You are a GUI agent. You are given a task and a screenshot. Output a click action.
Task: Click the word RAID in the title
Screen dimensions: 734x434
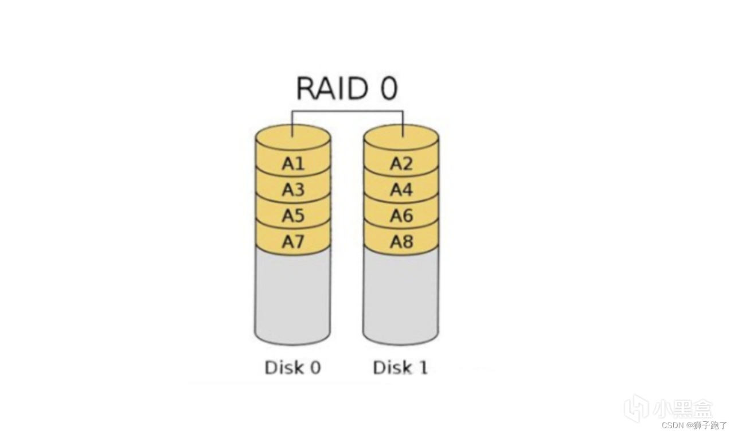[331, 88]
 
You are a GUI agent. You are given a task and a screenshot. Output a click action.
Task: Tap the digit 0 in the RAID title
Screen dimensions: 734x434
[389, 88]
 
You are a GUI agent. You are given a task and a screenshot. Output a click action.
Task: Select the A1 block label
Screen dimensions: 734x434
[293, 163]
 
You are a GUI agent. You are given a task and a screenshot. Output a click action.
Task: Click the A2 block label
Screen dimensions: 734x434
[401, 163]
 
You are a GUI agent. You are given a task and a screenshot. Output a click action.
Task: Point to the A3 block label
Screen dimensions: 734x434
[293, 189]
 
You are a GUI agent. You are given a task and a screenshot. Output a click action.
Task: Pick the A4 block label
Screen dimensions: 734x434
[401, 189]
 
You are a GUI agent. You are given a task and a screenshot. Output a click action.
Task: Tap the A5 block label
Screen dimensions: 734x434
[293, 216]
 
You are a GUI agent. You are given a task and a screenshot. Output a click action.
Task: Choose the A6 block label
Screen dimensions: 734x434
[401, 216]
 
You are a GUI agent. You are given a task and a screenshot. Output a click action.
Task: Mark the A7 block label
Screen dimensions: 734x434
[293, 242]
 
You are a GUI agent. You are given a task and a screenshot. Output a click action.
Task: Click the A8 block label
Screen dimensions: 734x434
[401, 242]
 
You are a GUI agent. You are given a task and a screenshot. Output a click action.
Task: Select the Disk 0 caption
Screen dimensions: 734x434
[292, 367]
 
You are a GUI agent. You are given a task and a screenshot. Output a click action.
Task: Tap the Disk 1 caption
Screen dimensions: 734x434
[400, 367]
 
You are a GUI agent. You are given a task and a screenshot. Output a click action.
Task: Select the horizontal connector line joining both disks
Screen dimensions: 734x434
[348, 111]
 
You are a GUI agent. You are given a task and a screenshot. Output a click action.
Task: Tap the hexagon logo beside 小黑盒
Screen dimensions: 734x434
[636, 408]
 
